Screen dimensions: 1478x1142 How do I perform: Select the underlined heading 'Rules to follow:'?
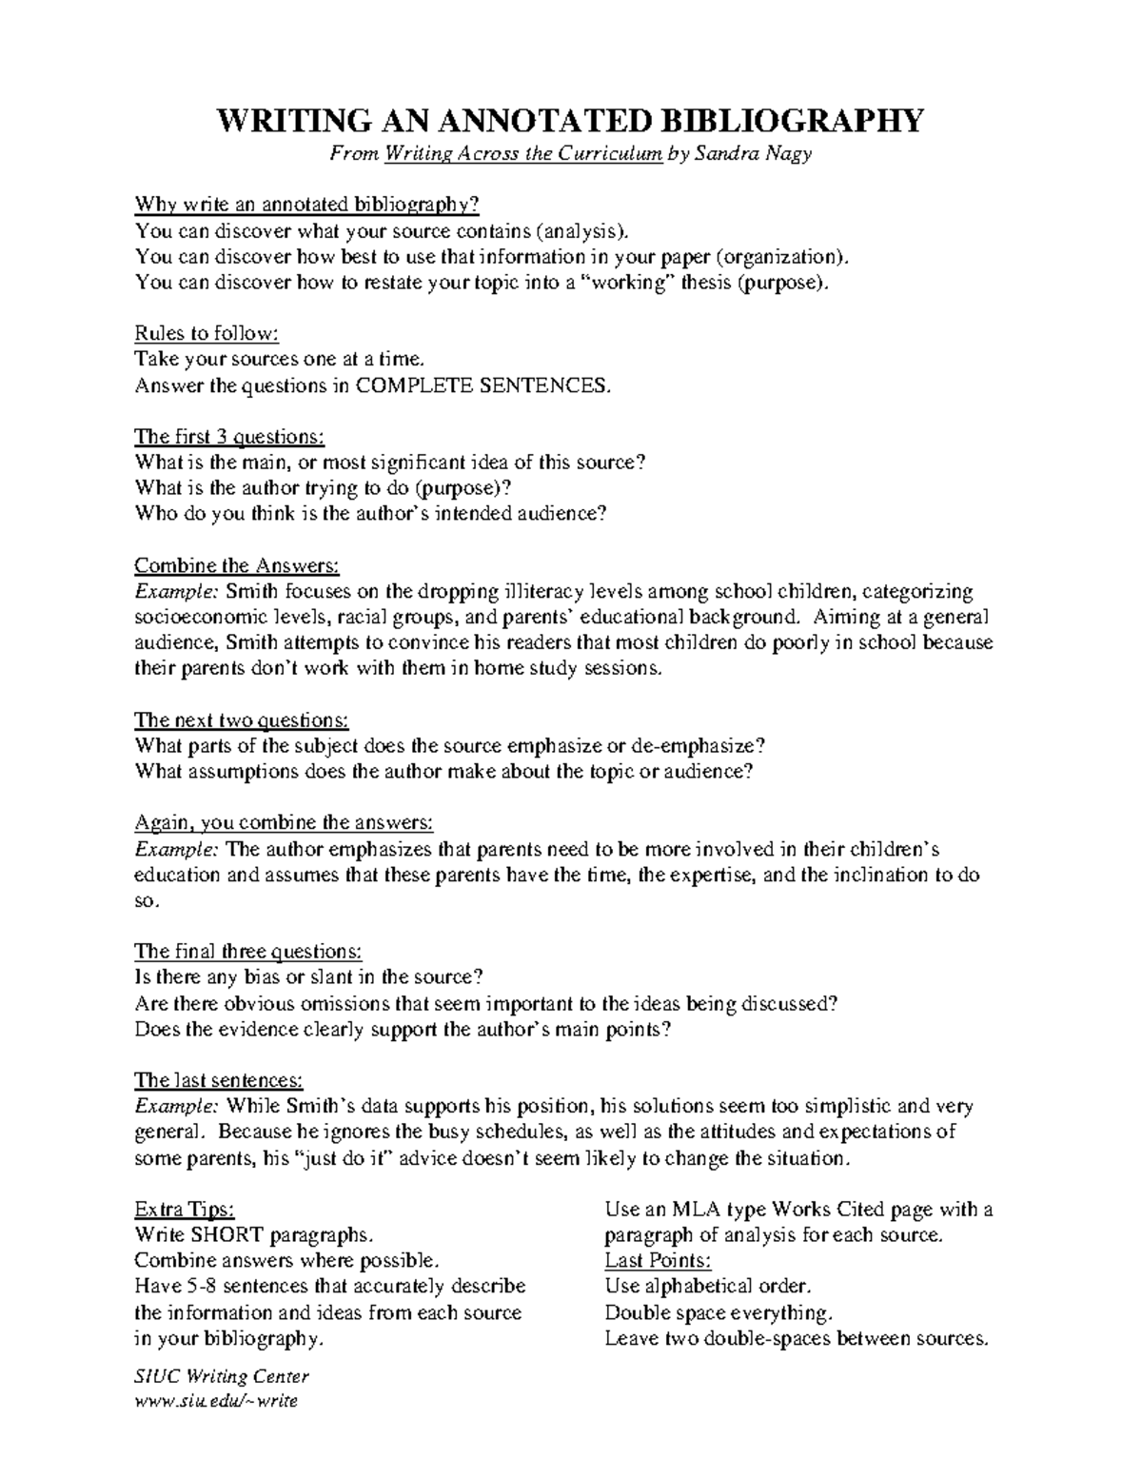207,334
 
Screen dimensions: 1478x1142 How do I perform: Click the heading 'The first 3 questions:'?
229,437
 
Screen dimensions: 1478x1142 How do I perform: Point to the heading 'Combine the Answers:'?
237,565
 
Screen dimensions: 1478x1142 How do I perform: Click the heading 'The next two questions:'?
242,719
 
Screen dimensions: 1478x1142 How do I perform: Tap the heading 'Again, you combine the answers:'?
284,822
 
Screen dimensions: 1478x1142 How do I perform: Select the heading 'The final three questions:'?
247,951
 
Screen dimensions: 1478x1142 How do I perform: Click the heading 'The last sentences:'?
219,1080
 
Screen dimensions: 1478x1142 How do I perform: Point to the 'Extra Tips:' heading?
184,1210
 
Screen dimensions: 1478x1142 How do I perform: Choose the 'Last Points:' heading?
658,1261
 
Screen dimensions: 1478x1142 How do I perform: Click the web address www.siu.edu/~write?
216,1401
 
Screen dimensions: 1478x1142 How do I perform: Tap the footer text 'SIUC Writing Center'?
222,1376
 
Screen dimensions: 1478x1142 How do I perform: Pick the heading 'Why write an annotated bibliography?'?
306,206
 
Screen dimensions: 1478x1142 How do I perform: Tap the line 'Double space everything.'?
719,1312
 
